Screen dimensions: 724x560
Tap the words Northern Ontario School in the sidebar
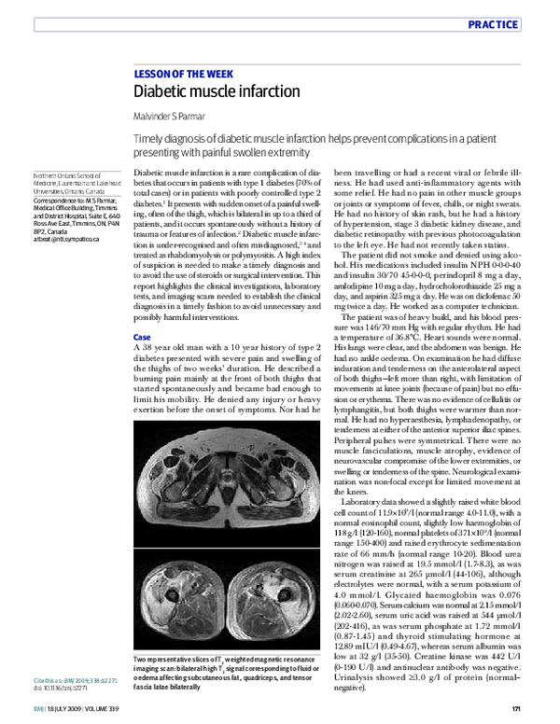coord(68,175)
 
